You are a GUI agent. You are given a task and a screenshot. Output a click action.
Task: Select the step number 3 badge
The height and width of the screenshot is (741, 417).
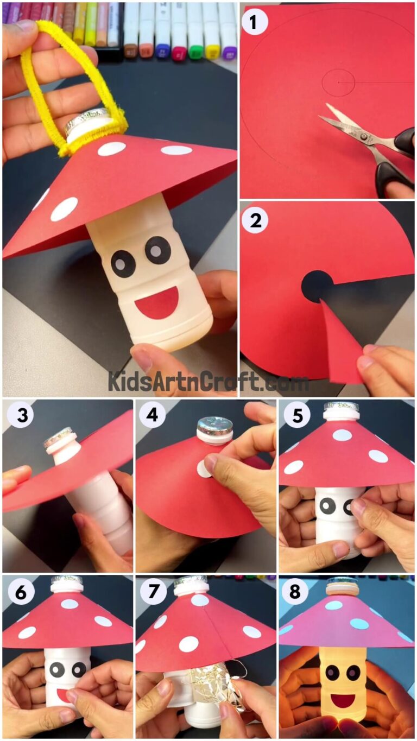(18, 415)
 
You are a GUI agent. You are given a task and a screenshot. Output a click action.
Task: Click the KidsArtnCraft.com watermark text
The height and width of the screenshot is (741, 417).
(208, 381)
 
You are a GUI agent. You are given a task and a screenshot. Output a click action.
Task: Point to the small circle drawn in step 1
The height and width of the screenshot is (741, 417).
(338, 83)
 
